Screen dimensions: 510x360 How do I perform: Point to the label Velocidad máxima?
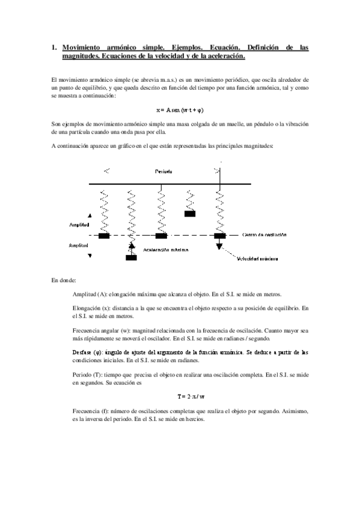pyautogui.click(x=257, y=259)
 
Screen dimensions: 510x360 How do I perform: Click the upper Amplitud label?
pyautogui.click(x=79, y=224)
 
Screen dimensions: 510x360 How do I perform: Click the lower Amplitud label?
pyautogui.click(x=79, y=245)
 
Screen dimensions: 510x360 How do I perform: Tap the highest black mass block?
pyautogui.click(x=190, y=213)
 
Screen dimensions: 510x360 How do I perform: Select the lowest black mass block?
pyautogui.click(x=131, y=257)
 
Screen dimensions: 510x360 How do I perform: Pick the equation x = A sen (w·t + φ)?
pyautogui.click(x=180, y=110)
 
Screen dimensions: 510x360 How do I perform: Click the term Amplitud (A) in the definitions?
pyautogui.click(x=90, y=294)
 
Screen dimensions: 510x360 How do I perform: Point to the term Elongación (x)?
pyautogui.click(x=92, y=308)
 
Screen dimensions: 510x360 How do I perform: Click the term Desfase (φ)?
pyautogui.click(x=88, y=352)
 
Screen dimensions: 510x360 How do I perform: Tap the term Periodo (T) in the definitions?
pyautogui.click(x=87, y=373)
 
